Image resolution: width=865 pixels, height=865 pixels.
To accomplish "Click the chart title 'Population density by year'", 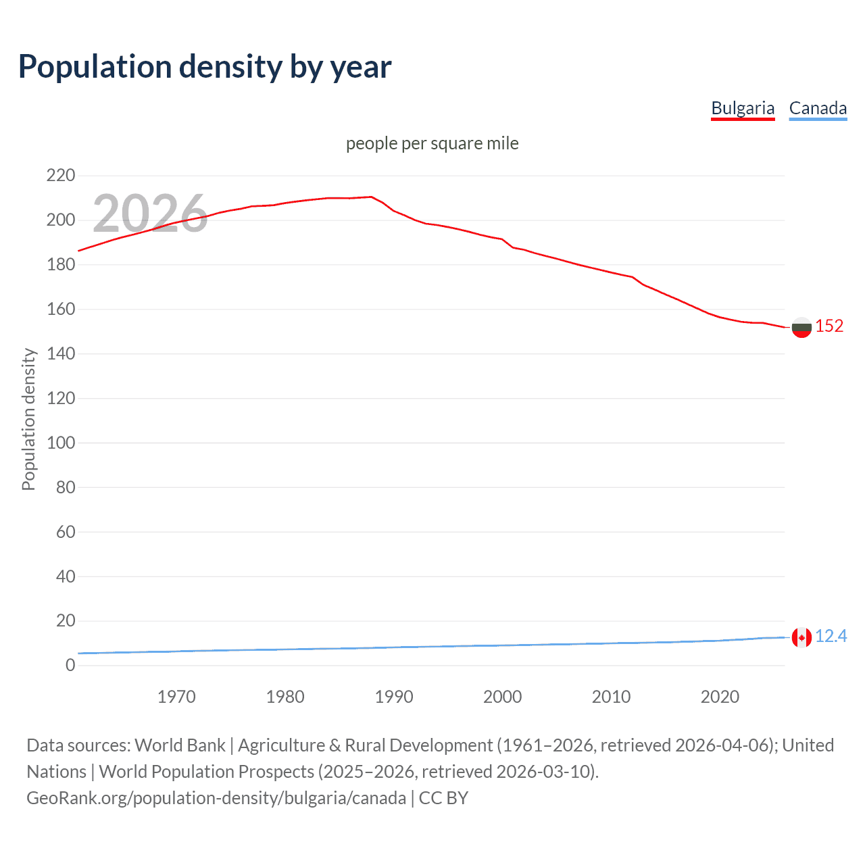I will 205,67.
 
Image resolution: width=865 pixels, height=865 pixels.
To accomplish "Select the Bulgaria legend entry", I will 743,108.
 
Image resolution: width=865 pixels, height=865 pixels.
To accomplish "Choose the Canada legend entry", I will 818,108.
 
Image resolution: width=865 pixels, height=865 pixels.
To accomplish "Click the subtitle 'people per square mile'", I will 432,143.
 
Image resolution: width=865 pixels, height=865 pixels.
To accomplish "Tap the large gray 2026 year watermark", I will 150,214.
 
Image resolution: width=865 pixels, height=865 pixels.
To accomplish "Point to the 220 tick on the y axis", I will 61,176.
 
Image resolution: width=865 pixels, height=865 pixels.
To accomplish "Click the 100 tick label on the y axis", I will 61,443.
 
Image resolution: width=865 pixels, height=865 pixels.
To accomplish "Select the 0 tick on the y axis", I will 70,665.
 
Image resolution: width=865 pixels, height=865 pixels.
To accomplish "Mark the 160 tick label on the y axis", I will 61,309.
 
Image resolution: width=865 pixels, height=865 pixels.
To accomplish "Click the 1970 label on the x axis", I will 176,697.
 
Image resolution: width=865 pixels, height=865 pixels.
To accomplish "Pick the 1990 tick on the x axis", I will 394,697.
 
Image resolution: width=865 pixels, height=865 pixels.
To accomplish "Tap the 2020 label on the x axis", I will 720,697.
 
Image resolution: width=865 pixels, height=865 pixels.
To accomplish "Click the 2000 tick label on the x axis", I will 502,697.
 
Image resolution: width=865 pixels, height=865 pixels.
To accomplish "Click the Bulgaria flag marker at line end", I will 801,327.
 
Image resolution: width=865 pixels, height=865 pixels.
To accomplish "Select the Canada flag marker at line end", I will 801,637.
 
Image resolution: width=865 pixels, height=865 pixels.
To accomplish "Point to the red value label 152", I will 829,326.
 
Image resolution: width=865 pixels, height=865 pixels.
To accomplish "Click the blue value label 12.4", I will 831,636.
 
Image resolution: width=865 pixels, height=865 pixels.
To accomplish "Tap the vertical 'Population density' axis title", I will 28,419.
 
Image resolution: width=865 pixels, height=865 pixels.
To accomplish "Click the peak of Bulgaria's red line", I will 371,197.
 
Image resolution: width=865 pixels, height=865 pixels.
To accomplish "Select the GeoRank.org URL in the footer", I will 216,798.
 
